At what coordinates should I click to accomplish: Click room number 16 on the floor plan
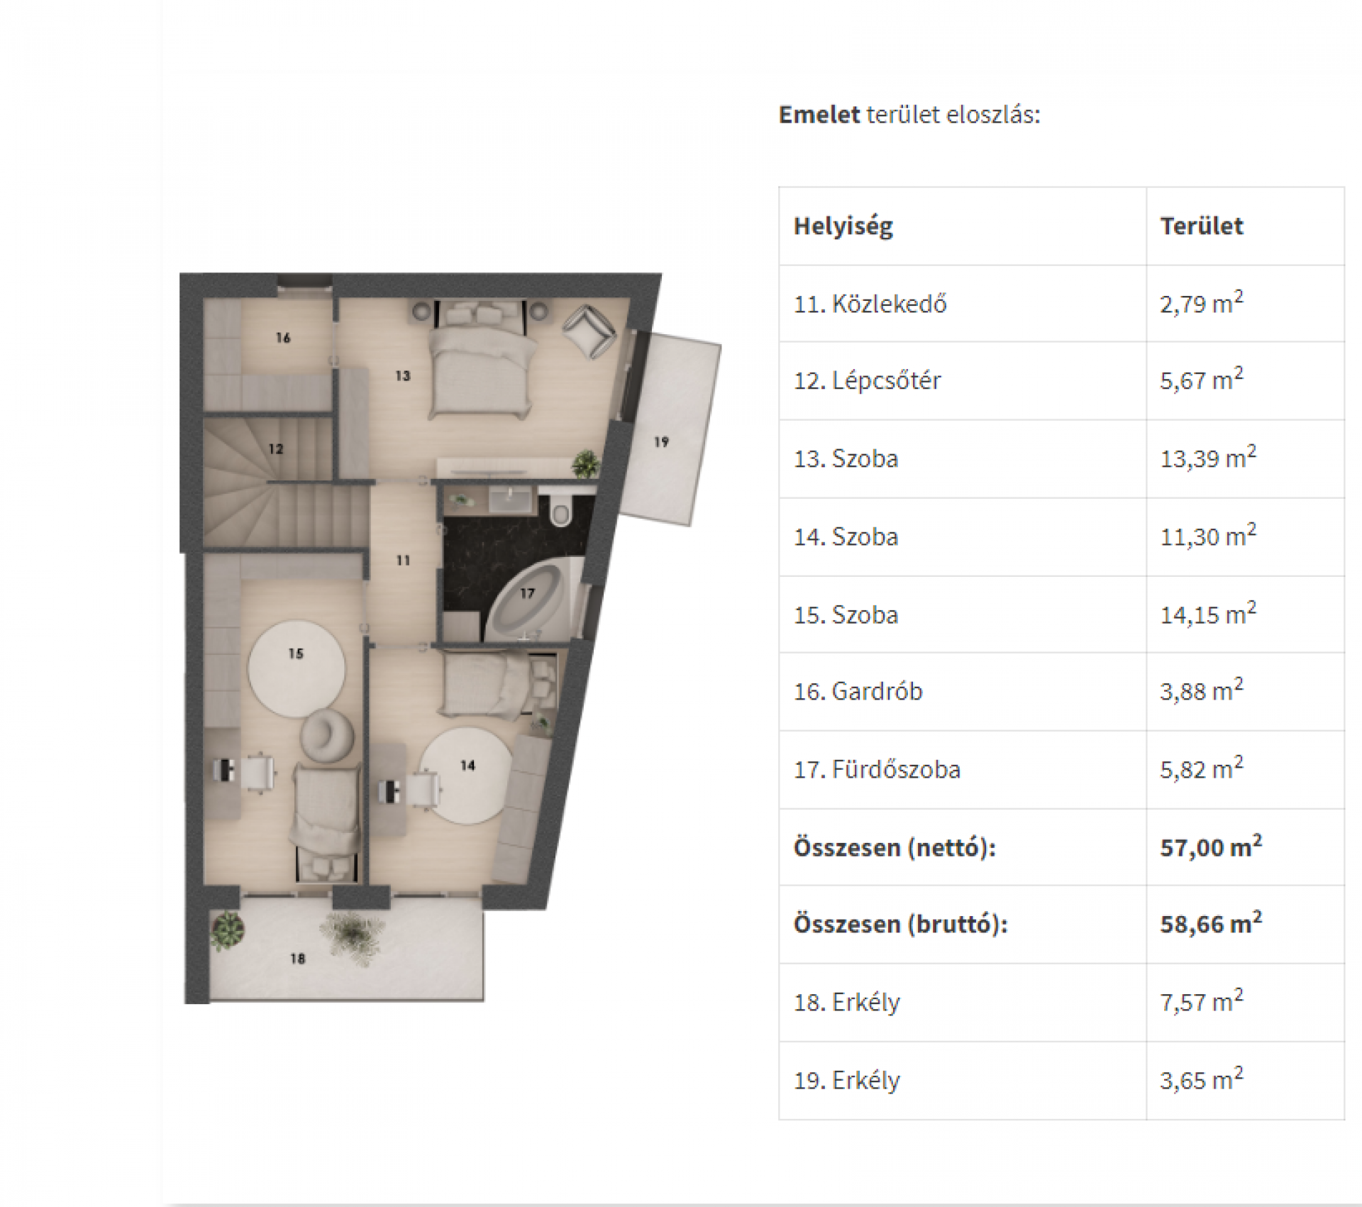pos(283,338)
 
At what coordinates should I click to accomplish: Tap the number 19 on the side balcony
pos(661,442)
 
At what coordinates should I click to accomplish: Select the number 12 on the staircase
pos(276,448)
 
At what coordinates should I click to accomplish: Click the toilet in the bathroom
pos(560,511)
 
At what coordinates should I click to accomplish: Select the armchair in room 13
pos(588,331)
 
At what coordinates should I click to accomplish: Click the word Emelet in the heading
pos(819,114)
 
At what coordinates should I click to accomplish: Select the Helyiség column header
pos(843,226)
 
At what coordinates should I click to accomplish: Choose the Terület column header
pos(1202,226)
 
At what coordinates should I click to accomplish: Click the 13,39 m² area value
pos(1208,457)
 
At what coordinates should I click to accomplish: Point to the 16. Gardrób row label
pos(858,691)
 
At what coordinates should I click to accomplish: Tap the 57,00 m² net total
pos(1211,846)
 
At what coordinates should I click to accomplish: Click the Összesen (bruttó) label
pos(900,925)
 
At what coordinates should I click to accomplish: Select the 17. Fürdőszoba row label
pos(877,769)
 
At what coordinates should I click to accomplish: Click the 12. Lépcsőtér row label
pos(867,381)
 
